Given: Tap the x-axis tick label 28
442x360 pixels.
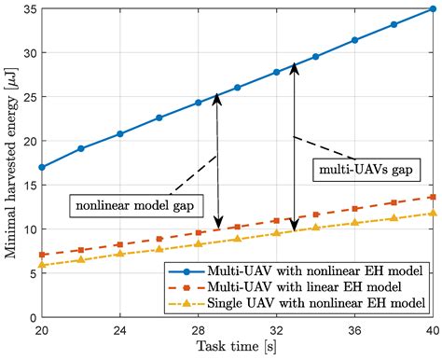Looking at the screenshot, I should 198,329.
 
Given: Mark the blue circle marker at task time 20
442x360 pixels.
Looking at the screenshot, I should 42,167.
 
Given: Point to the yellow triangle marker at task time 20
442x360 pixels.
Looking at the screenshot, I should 42,265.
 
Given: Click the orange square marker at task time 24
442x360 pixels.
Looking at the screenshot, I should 120,244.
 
